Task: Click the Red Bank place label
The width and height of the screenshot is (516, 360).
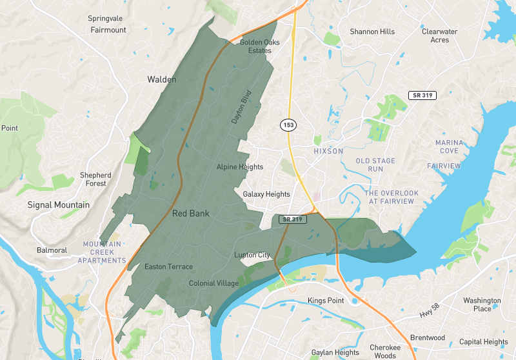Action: (190, 213)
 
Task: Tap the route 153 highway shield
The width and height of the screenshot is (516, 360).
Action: (288, 123)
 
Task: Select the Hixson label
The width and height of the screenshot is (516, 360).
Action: (328, 150)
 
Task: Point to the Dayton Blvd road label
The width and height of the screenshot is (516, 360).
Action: (240, 106)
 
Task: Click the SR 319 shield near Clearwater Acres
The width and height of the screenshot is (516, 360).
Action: (422, 95)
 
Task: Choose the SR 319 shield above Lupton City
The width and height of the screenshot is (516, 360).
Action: (292, 219)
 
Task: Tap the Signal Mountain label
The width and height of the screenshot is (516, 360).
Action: (59, 205)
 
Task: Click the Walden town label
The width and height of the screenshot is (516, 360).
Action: (161, 79)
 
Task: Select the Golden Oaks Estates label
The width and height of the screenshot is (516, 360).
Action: (255, 46)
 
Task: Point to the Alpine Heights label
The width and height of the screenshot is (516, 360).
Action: (240, 167)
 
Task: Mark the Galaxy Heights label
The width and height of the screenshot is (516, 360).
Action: (266, 194)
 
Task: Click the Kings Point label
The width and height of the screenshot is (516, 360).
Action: (326, 301)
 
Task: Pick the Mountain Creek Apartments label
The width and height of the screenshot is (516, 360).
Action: (102, 252)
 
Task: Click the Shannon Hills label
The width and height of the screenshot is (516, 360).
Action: (372, 32)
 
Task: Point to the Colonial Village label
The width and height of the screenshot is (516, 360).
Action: (213, 283)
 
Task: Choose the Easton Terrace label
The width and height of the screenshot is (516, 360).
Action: (168, 266)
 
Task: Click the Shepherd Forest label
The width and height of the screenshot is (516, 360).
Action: (95, 179)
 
